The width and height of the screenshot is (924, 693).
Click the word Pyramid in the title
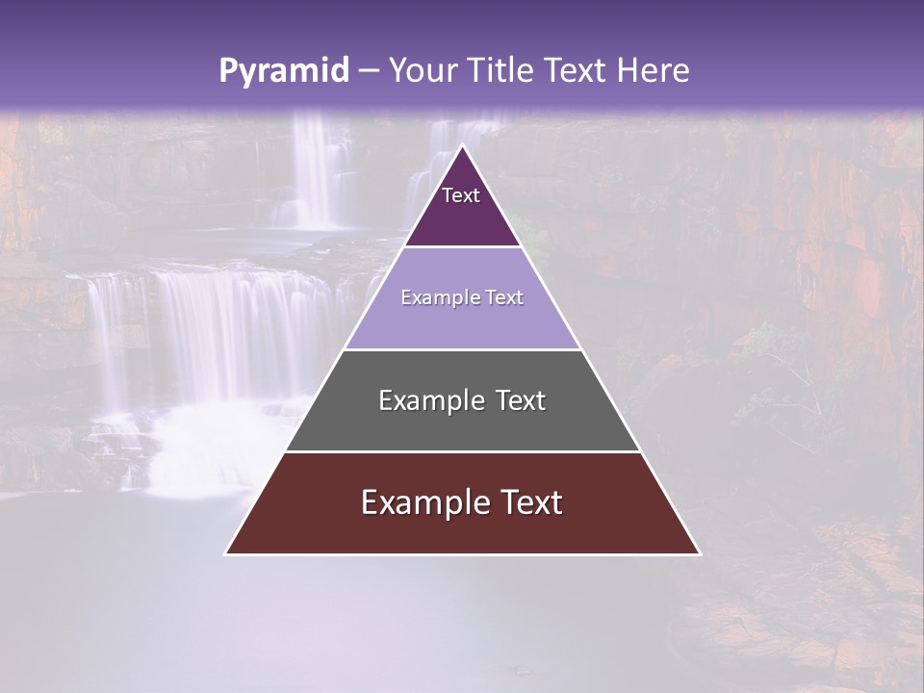284,71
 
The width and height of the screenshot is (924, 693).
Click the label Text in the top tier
461,195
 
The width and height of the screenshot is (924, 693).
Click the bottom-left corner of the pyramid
226,553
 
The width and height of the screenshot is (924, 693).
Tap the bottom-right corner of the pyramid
700,553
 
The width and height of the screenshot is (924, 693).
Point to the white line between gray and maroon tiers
462,451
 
